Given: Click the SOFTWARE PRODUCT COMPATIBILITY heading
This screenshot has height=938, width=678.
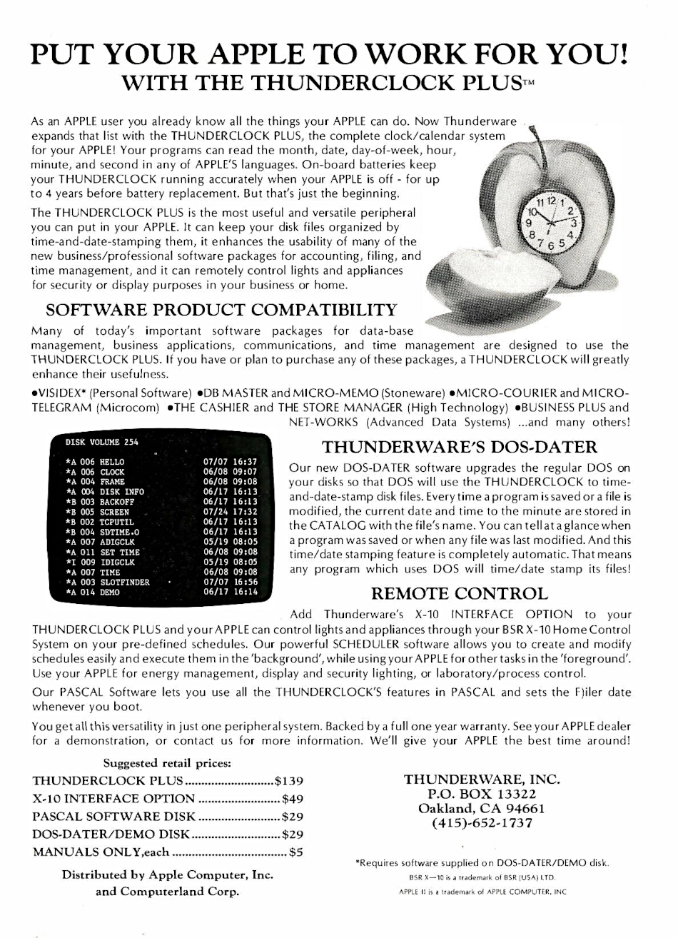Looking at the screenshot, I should coord(221,311).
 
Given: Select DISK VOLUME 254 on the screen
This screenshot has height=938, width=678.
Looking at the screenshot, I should coord(102,442).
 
